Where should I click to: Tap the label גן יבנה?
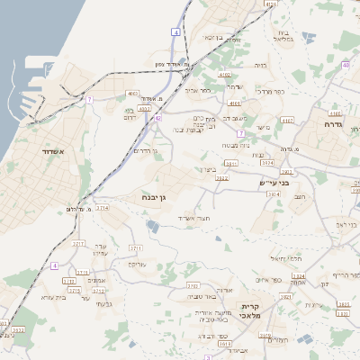coord(156,196)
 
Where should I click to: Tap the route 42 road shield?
coord(157,118)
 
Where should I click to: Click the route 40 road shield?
coord(346,65)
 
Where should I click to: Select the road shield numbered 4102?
coord(224,76)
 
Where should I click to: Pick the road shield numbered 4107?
coord(288,119)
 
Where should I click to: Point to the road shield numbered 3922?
coord(221,178)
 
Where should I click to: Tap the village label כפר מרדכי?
coord(271,91)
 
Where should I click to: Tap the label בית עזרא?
coord(56,295)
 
